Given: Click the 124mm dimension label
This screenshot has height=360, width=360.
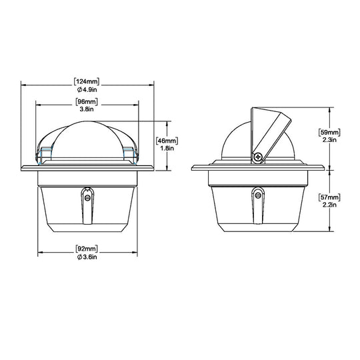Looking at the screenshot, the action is click(87, 82).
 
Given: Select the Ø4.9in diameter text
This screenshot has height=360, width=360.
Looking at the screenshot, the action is click(87, 89).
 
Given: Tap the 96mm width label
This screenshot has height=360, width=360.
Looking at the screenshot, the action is click(87, 102).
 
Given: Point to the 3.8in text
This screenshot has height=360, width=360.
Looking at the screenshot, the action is click(87, 109).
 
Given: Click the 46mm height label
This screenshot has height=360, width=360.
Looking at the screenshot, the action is click(167, 141).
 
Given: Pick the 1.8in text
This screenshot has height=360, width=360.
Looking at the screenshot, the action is click(167, 148).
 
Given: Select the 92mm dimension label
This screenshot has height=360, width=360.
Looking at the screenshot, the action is click(87, 249).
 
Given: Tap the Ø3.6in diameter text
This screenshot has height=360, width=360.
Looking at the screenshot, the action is click(87, 257).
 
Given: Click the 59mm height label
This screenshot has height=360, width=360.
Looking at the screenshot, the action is click(329, 132).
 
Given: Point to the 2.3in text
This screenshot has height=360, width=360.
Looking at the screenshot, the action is click(329, 140).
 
